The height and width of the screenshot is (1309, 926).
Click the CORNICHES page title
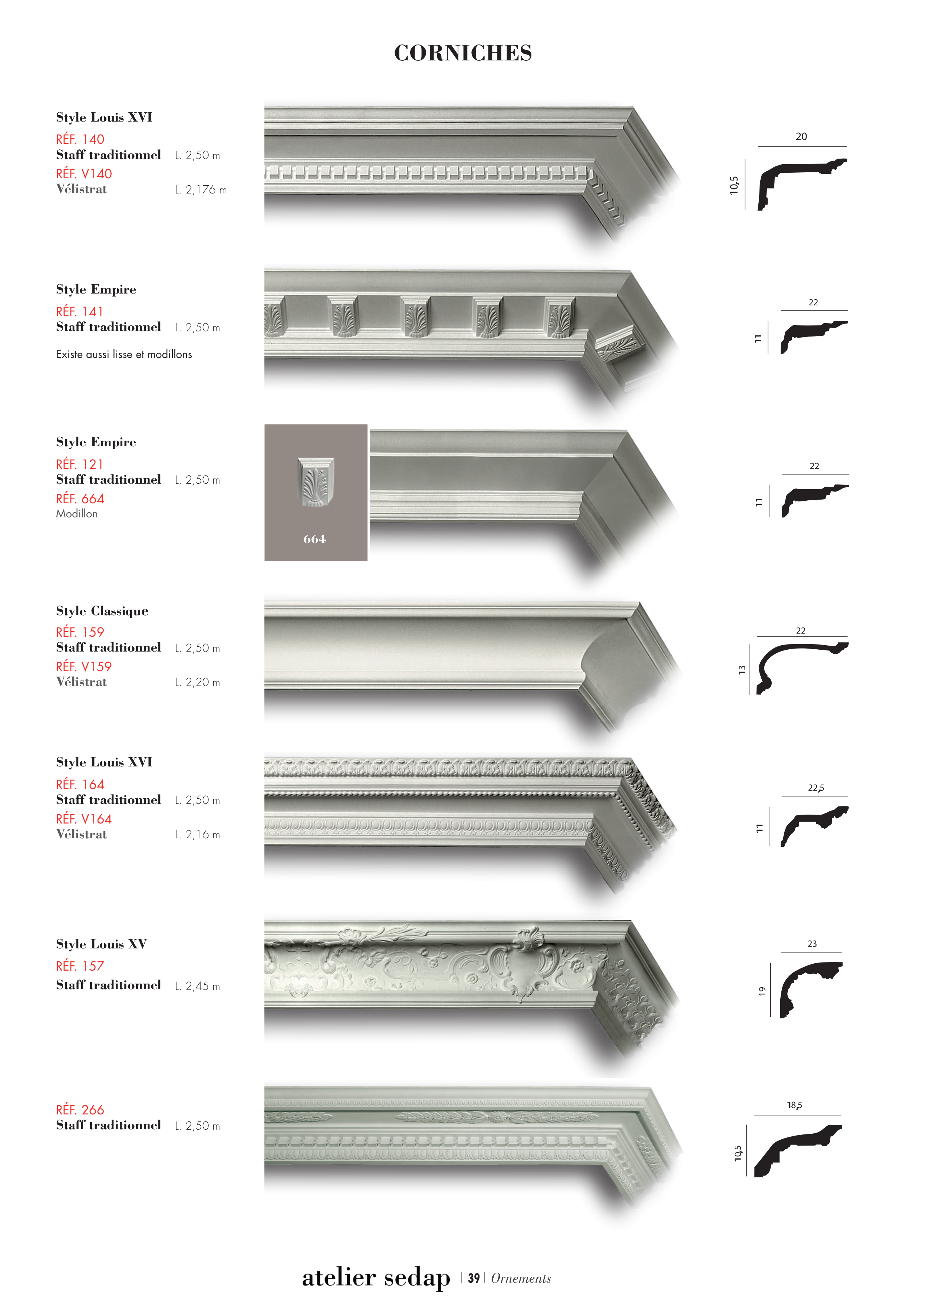pos(463,53)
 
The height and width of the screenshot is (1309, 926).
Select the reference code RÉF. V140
pos(84,173)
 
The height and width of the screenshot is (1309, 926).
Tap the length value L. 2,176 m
pos(201,190)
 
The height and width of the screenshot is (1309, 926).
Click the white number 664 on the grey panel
pos(314,539)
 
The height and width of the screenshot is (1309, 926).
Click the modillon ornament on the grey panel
pos(316,482)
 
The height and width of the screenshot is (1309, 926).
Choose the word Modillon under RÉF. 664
pos(76,514)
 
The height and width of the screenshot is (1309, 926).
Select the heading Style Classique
pos(102,611)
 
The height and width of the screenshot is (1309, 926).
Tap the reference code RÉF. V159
pos(84,666)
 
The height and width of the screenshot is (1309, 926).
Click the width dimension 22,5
pos(816,788)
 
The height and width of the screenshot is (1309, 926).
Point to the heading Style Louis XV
pos(101,944)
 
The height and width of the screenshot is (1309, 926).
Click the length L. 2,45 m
pos(197,986)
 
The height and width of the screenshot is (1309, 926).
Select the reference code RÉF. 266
pos(80,1110)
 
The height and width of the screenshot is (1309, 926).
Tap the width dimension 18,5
pos(795,1105)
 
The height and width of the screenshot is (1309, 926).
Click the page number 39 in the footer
pos(474,1278)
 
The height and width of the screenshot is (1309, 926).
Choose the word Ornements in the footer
pos(521,1278)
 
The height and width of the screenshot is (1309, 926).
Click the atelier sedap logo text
pos(376,1277)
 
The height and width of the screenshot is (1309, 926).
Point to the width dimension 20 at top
pos(801,137)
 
